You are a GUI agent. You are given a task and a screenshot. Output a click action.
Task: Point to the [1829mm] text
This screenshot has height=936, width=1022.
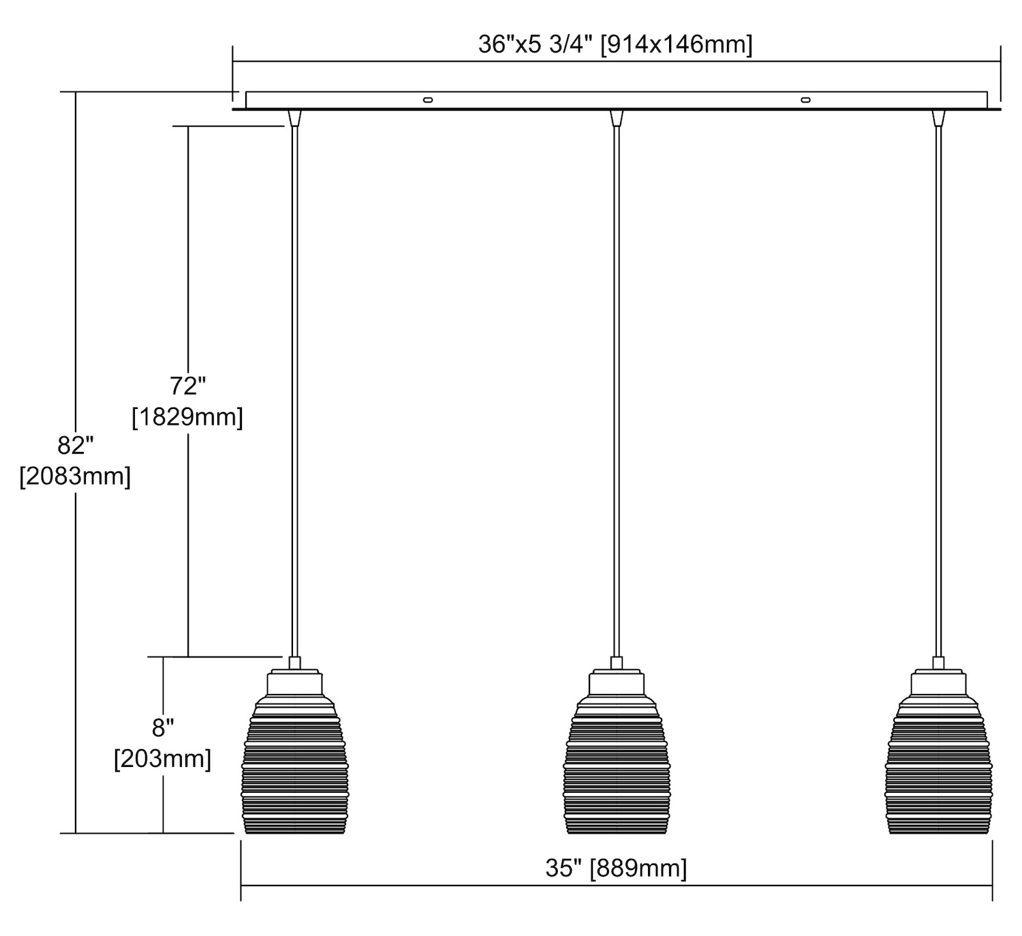coord(187,417)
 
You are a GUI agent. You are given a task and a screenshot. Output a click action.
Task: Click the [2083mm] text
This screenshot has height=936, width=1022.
coord(76,476)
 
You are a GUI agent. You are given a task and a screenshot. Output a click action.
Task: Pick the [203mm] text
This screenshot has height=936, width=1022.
coord(163,759)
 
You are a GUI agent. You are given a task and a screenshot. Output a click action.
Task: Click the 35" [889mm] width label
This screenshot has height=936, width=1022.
coord(616,868)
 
